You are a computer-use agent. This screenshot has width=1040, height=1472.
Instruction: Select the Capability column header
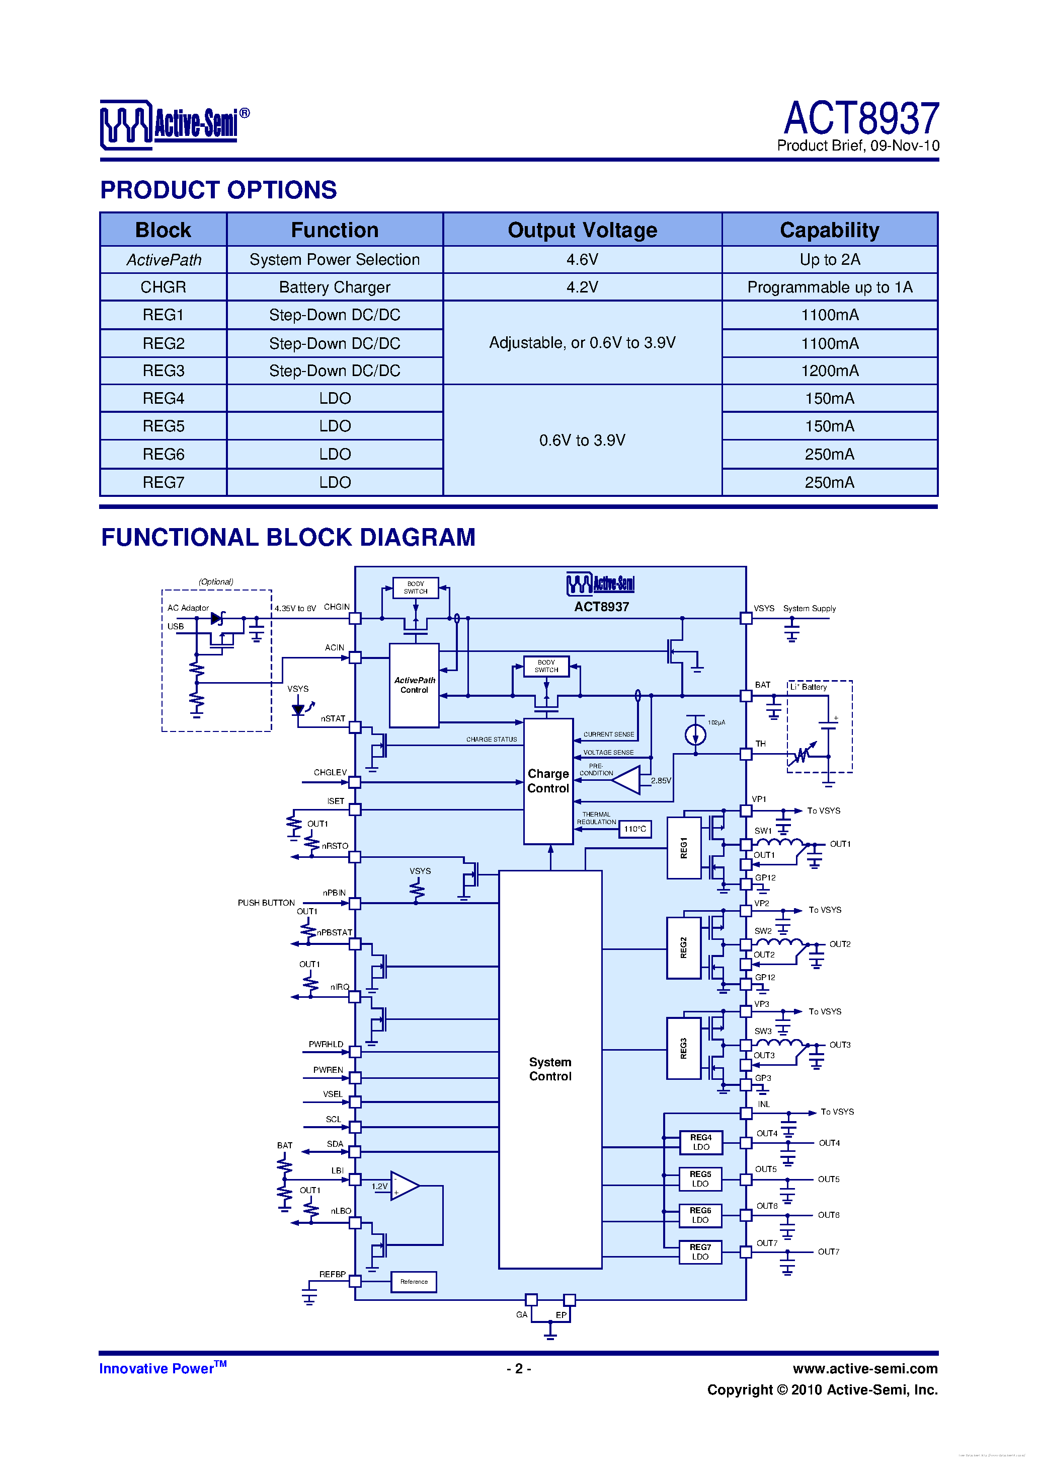tap(829, 230)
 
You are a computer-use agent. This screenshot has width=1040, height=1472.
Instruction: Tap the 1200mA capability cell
tap(829, 371)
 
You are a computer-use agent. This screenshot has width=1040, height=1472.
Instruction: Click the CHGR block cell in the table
tap(164, 287)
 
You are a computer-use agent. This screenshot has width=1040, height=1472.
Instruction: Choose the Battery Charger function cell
tap(335, 287)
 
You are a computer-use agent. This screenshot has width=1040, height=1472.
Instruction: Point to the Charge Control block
tap(548, 781)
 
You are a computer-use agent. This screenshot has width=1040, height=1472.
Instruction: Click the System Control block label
tap(550, 1069)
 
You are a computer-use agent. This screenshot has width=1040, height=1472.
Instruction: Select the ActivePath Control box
tap(414, 685)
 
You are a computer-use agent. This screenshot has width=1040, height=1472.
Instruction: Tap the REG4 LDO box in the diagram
tap(700, 1142)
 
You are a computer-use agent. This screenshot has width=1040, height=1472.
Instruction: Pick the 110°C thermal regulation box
tap(635, 829)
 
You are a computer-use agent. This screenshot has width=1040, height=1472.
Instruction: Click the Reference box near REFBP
tap(414, 1282)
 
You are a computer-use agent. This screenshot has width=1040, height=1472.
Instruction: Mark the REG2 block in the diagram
tap(683, 947)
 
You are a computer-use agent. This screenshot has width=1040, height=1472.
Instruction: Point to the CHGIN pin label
tap(337, 607)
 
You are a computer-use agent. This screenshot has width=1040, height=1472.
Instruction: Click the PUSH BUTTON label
tap(266, 903)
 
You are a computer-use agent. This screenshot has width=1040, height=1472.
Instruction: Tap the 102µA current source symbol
tap(695, 734)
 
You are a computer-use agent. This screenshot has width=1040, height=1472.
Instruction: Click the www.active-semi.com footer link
tap(864, 1369)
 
